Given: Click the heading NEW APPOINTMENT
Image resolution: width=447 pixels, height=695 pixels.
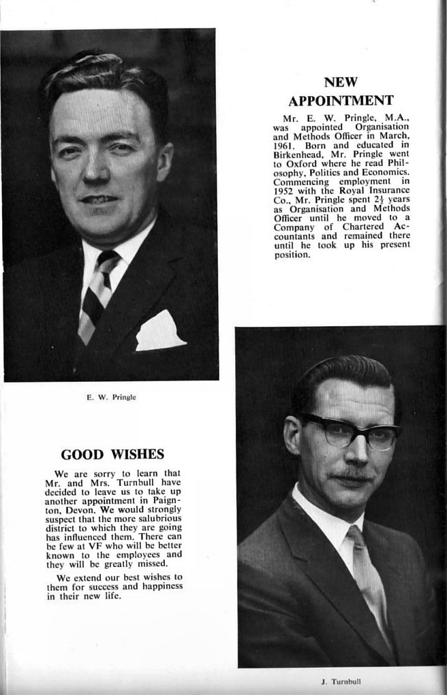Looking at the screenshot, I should point(341,92).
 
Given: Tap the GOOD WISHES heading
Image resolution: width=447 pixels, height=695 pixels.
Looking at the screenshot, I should point(112,455).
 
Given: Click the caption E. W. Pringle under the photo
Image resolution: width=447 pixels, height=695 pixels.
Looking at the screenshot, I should point(111,397).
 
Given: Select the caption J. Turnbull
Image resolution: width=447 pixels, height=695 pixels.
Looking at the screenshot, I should point(341,681).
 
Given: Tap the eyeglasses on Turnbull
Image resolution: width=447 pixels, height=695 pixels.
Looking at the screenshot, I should point(350,432).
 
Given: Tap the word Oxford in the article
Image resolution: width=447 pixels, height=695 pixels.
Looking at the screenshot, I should point(305,163).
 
